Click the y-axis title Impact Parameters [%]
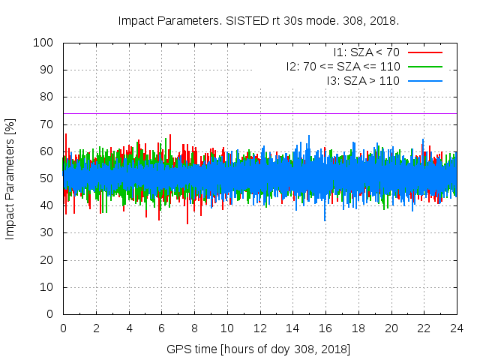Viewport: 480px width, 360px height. [x=10, y=178]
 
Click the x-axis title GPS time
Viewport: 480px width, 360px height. [x=259, y=349]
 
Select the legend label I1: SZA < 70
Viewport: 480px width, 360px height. [x=366, y=52]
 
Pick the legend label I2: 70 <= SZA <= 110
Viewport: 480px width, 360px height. [x=343, y=66]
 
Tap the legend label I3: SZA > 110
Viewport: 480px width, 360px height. [x=363, y=80]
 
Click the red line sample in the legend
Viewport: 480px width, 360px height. [x=424, y=52]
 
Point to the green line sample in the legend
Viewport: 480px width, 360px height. [x=424, y=66]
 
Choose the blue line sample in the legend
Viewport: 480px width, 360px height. [x=424, y=80]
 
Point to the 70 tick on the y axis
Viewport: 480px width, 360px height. [x=49, y=124]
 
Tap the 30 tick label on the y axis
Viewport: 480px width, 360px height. [x=49, y=233]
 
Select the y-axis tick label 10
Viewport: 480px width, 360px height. [x=49, y=287]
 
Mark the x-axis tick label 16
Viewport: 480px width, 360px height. [x=325, y=328]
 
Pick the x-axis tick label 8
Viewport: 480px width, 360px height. [x=194, y=328]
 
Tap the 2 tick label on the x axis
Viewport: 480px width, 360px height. [x=96, y=328]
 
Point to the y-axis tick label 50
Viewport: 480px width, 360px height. [x=49, y=178]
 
